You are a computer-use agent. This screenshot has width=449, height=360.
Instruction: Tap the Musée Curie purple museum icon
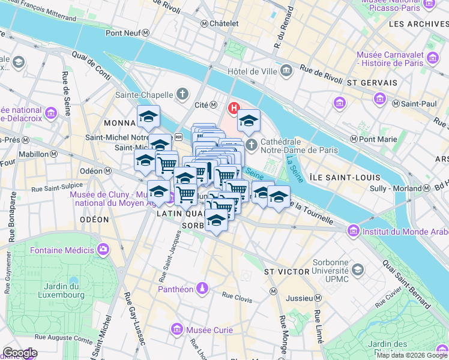[x=177, y=329]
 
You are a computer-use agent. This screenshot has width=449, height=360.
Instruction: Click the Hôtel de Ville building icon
[x=286, y=71]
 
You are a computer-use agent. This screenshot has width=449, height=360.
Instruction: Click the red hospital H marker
[x=232, y=109]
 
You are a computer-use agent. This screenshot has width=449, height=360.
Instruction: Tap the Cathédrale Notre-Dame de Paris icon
[x=252, y=145]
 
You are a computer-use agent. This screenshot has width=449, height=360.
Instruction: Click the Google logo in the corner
[x=20, y=353]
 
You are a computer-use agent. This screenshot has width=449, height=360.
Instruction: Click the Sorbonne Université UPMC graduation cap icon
[x=358, y=271]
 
